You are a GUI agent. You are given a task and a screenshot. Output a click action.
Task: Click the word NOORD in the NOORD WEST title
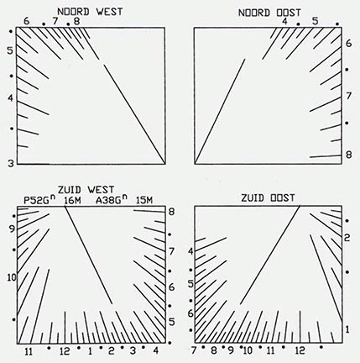click(x=73, y=12)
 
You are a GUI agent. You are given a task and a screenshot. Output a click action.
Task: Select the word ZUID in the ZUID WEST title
click(x=70, y=190)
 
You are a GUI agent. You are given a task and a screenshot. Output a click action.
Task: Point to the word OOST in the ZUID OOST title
click(x=283, y=198)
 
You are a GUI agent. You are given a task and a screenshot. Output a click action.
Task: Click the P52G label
click(x=39, y=200)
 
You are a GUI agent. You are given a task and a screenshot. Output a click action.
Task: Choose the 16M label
click(x=72, y=201)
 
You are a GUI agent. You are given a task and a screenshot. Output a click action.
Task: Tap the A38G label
click(x=112, y=201)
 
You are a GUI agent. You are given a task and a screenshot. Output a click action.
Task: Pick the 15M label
click(x=144, y=201)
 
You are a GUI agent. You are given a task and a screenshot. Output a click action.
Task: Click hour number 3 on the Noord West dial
click(x=11, y=163)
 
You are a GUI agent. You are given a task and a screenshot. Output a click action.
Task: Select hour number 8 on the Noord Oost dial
click(x=348, y=155)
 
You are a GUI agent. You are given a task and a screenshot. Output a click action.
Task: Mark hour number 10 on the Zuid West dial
click(x=13, y=278)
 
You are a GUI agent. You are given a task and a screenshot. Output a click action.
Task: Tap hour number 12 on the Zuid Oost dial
click(x=300, y=350)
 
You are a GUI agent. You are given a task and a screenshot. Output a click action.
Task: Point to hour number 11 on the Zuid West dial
click(x=29, y=351)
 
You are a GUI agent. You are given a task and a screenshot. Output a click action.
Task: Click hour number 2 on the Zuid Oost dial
click(x=347, y=238)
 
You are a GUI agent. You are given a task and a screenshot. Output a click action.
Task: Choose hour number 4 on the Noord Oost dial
click(x=284, y=21)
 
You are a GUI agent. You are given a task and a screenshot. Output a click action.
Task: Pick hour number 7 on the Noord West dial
click(x=55, y=21)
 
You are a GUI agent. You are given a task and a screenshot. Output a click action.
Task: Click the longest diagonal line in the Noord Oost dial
click(x=220, y=111)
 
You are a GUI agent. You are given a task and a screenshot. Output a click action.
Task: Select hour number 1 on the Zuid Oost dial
click(x=347, y=329)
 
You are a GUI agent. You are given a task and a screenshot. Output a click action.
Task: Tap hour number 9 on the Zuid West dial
click(x=12, y=229)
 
